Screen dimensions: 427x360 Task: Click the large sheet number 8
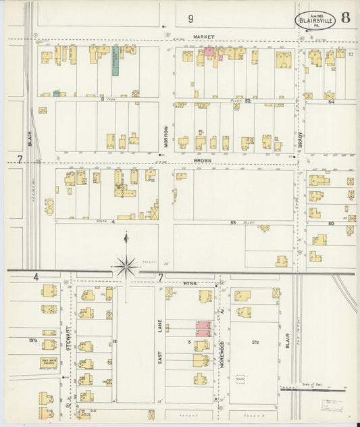click(x=345, y=18)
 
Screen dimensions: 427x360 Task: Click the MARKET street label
click(x=203, y=36)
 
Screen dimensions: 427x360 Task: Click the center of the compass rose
click(x=126, y=268)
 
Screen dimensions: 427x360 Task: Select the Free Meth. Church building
click(x=49, y=363)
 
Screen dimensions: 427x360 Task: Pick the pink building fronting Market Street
click(x=209, y=52)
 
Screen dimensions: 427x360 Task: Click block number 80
click(x=331, y=222)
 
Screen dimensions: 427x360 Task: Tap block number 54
click(x=331, y=101)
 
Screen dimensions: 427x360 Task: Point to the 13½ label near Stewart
click(x=32, y=340)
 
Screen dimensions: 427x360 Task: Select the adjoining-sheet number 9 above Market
click(x=191, y=19)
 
